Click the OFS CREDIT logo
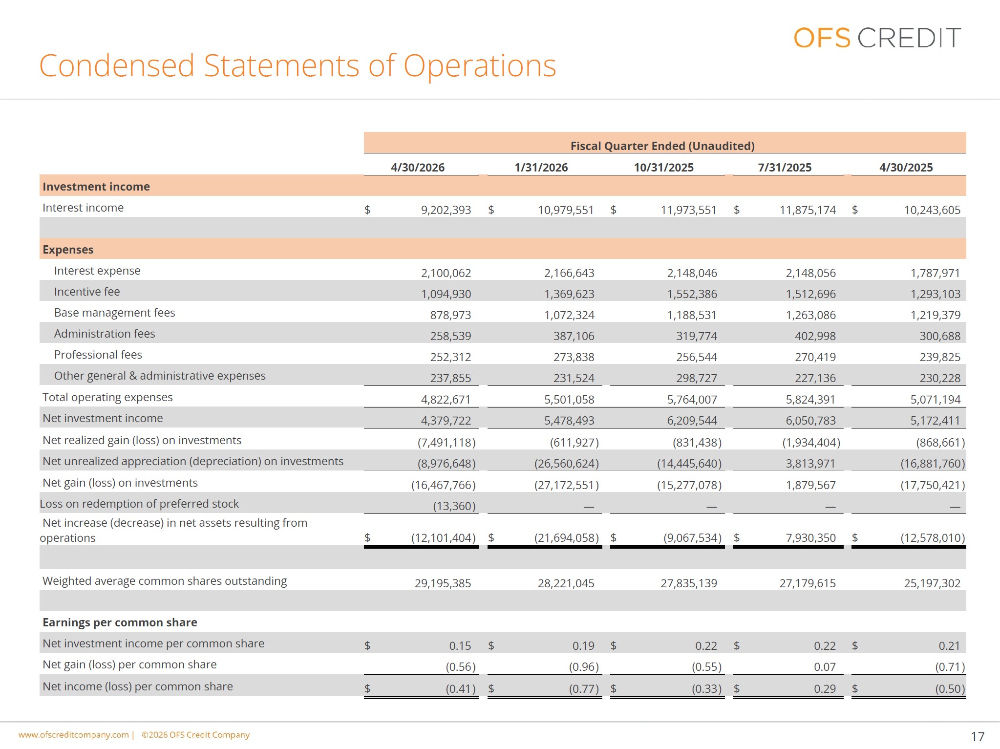coord(877,38)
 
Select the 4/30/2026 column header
coord(418,168)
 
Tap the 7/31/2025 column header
coord(785,168)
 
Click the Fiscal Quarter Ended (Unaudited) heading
coord(662,146)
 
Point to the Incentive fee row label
coord(87,292)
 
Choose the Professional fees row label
coord(98,355)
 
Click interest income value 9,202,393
coord(446,210)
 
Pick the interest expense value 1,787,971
coord(936,273)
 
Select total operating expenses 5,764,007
coord(692,400)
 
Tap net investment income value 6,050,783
coord(811,421)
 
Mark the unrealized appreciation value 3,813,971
coord(811,464)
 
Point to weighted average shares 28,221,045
coord(566,583)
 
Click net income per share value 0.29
coord(825,689)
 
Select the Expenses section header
coord(68,250)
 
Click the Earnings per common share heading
coord(120,622)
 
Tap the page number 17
coord(978,737)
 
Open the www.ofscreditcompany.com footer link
coord(74,735)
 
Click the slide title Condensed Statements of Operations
coord(298,66)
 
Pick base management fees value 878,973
coord(450,315)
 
